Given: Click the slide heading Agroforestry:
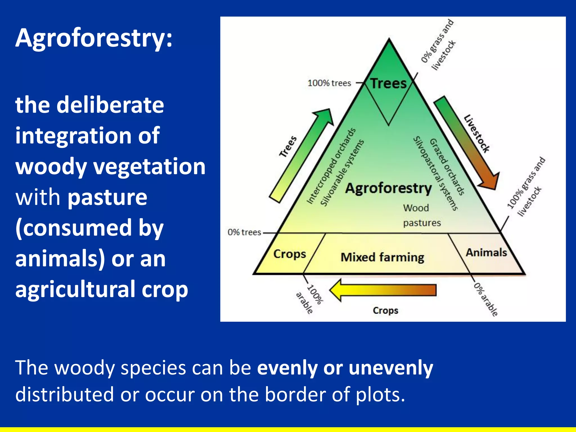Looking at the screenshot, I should pos(94,38).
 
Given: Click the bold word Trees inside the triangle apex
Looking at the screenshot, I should pos(388,84).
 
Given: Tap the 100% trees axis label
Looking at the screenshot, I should pos(329,83).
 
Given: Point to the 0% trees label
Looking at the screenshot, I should pos(244,232).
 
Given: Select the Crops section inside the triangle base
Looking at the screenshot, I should pos(289,254).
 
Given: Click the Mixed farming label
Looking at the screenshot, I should pos(382,257).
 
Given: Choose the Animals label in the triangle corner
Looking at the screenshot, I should pos(486,252).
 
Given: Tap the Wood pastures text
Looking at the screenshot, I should pos(421,215).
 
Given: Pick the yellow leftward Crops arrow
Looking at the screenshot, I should pos(382,290).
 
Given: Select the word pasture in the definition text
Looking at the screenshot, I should pos(107,197).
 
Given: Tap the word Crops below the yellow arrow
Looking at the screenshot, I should pos(385,310).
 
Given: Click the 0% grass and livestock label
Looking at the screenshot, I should pos(438,45).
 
